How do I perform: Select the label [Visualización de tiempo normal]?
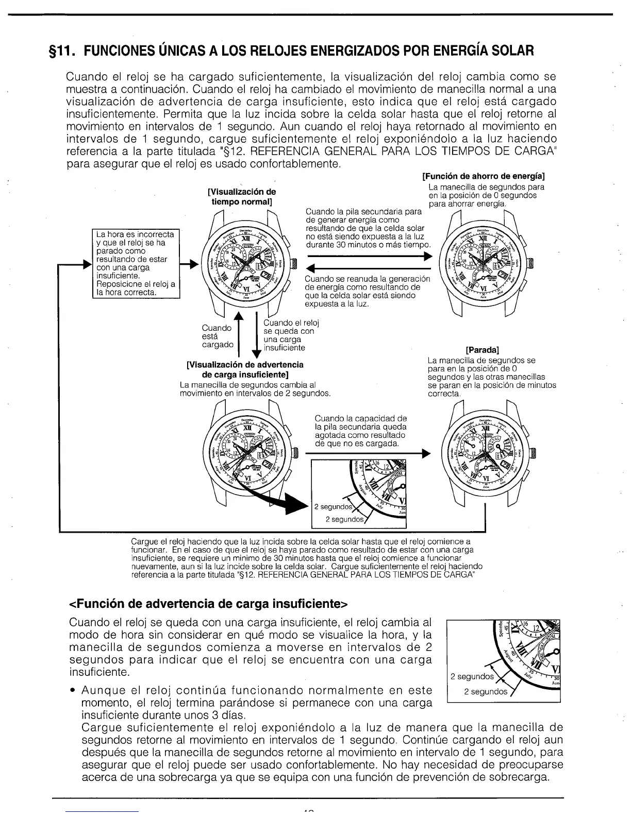coord(241,197)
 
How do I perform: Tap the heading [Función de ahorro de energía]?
coord(483,178)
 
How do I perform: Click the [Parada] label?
coord(482,351)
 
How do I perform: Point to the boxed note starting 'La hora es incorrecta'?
coord(136,263)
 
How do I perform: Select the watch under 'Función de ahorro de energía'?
coord(483,264)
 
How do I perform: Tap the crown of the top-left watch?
coord(294,264)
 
